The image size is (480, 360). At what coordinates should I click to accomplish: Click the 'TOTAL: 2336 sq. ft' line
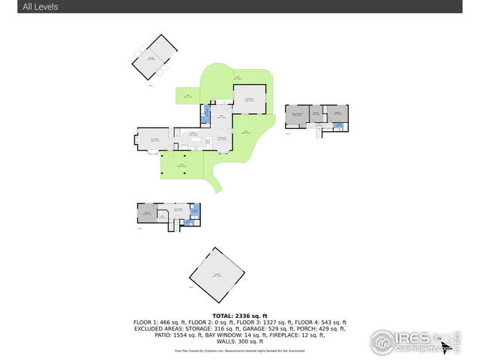240,316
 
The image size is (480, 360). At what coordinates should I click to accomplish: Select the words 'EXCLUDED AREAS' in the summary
161,328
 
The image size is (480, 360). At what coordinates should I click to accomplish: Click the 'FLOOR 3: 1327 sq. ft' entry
271,322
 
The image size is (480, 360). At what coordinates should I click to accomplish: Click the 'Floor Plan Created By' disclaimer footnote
240,349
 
